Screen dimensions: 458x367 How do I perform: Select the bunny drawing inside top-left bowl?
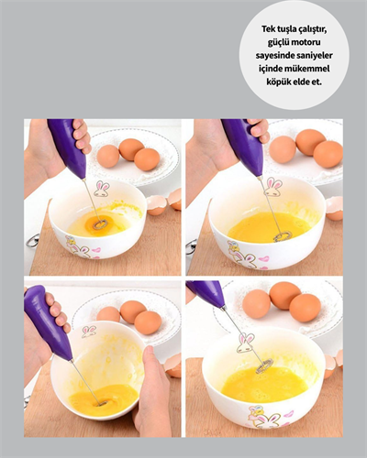[101, 190]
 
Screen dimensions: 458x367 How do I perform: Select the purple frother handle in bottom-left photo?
[48, 322]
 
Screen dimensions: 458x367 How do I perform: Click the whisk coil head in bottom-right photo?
[264, 366]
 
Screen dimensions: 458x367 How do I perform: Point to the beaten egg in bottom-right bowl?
[261, 385]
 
